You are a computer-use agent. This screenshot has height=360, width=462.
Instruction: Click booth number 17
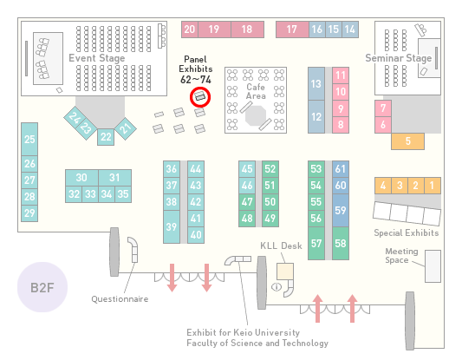(292, 29)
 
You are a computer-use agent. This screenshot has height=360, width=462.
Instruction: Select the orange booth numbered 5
(407, 141)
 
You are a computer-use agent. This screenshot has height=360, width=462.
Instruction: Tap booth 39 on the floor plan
(172, 226)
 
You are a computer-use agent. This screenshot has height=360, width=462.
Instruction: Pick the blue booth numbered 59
(341, 210)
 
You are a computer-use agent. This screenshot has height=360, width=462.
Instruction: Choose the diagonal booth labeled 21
(126, 128)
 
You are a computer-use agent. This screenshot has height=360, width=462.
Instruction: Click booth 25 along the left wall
(29, 139)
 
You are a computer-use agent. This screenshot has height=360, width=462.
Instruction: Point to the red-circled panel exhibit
(200, 97)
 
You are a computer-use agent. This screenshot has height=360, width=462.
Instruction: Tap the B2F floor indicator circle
(42, 287)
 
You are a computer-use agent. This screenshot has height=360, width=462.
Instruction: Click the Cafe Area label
(256, 91)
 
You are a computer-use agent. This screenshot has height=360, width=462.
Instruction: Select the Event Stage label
(96, 58)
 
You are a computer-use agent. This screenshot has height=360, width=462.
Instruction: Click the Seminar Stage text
(399, 58)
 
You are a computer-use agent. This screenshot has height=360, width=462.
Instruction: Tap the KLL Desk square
(285, 272)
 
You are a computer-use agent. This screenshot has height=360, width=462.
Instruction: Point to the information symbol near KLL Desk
(277, 286)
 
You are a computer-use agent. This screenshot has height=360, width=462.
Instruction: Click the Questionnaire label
(120, 299)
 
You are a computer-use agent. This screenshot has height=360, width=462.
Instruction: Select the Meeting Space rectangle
(433, 266)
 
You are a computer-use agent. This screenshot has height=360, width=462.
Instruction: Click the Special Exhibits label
(407, 233)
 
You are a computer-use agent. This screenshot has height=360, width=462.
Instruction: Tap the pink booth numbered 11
(341, 75)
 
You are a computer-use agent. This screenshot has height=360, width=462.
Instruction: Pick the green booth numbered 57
(316, 243)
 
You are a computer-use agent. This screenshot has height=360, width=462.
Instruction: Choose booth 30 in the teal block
(81, 178)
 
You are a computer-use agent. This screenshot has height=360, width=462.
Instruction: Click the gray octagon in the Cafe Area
(256, 116)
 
